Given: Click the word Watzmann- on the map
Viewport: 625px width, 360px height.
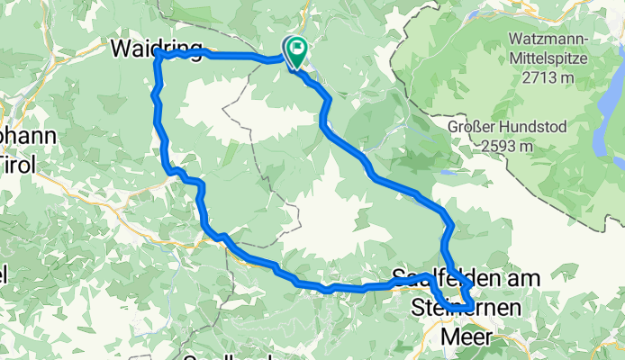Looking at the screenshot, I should click(548, 40).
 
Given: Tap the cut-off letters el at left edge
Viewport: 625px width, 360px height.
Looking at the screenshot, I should click(5, 274).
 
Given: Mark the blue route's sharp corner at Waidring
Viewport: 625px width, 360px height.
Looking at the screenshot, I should click(159, 53).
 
